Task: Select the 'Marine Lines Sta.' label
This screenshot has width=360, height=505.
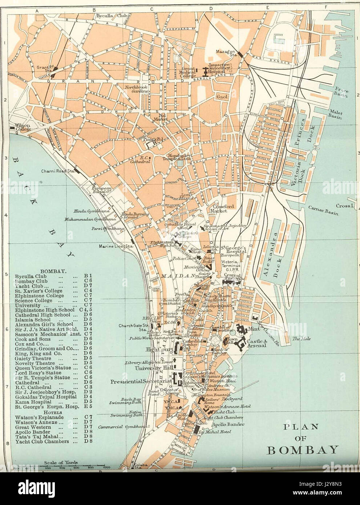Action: coord(111,247)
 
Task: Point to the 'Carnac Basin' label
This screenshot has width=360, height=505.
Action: coord(323,211)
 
